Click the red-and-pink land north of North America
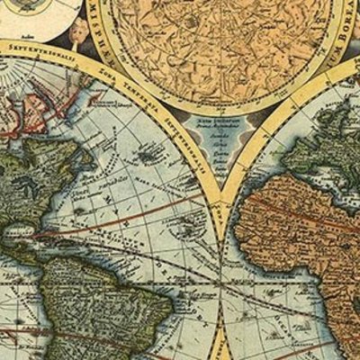tap(22, 112)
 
